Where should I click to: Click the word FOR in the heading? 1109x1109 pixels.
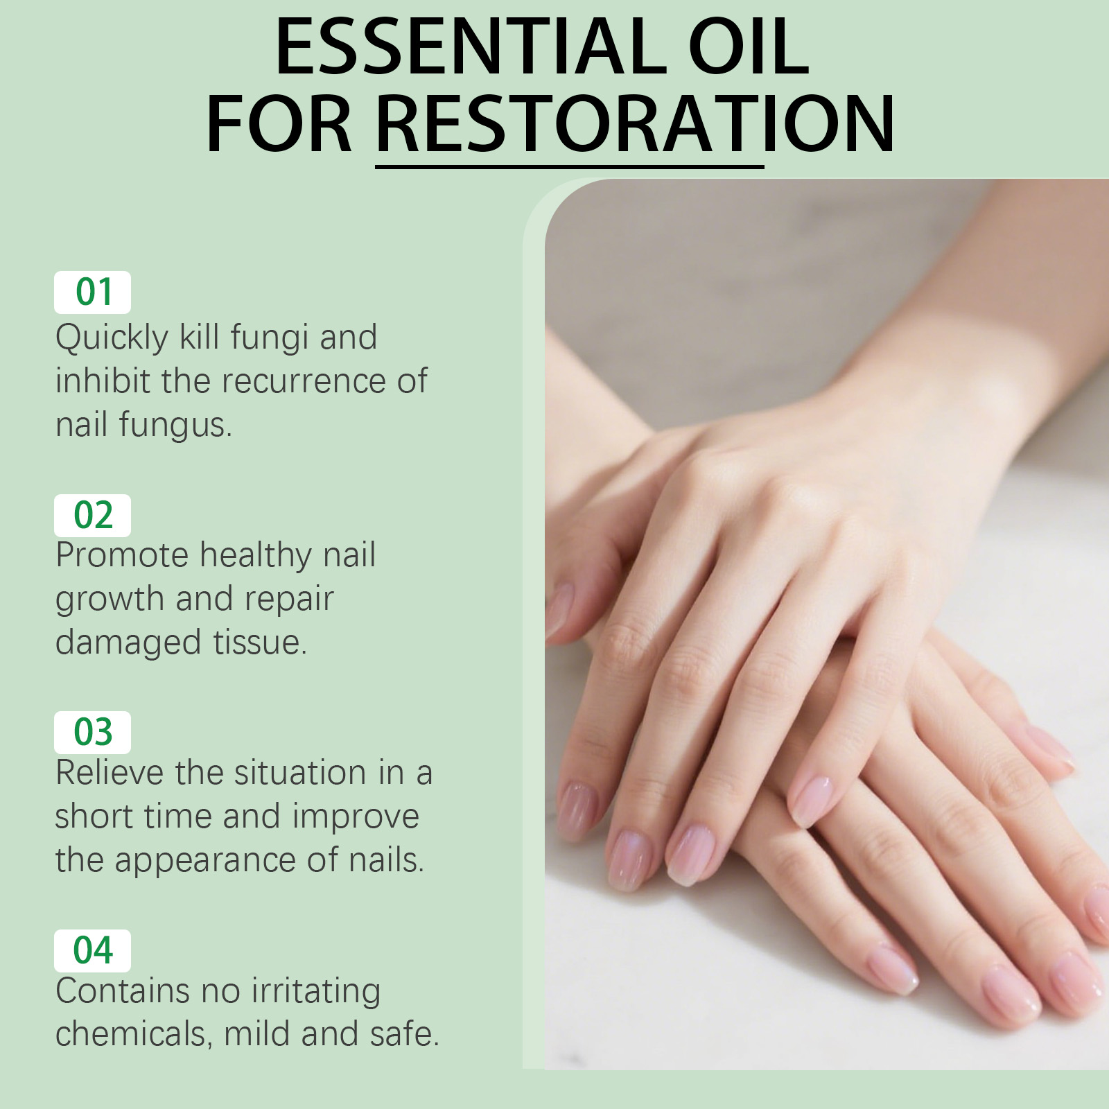coord(279,124)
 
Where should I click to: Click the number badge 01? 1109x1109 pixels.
coord(93,292)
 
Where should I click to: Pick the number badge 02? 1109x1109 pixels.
coord(93,515)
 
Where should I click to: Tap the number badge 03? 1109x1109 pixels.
coord(93,732)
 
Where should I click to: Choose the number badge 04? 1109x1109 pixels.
coord(93,950)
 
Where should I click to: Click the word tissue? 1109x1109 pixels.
coord(260,642)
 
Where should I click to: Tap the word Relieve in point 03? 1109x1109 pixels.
coord(110,772)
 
